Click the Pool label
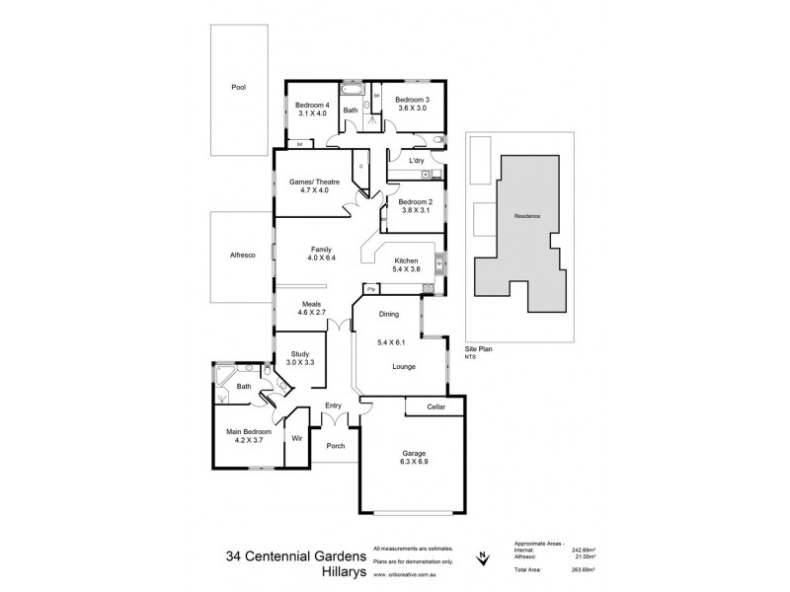(238, 87)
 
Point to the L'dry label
(417, 159)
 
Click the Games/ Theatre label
(309, 182)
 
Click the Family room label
(321, 250)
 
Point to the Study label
(300, 354)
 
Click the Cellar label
(435, 407)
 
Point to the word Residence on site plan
(527, 216)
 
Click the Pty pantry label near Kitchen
(370, 289)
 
